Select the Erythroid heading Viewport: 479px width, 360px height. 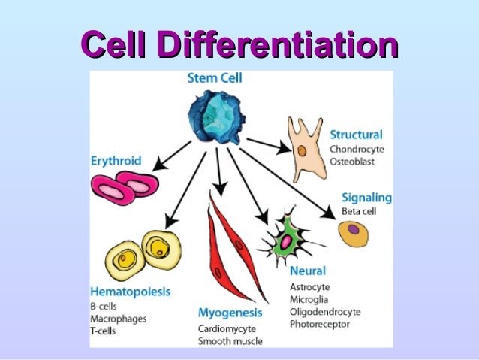coord(116,160)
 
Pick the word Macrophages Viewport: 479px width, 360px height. coord(117,319)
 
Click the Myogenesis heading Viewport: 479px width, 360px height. coord(230,312)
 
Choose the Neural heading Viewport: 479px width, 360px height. coord(308,272)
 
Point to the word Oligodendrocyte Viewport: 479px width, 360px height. coord(325,311)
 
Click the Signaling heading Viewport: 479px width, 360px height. coord(367,198)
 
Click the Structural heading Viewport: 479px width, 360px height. coord(356,135)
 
